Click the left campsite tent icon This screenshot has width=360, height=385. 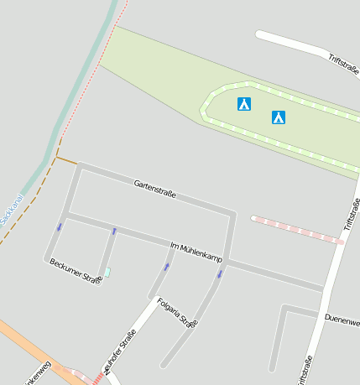point(244,104)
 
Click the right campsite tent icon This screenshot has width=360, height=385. point(279,117)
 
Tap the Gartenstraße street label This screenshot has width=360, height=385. point(154,188)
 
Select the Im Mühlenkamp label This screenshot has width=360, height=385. point(196,250)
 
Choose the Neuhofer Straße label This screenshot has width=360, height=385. point(119,351)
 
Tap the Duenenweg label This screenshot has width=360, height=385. point(342,320)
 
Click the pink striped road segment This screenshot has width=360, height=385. point(297,231)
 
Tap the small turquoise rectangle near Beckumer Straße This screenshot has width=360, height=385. point(107,273)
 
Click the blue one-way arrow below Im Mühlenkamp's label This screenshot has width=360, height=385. point(220,273)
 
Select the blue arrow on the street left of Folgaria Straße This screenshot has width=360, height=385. point(166,267)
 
